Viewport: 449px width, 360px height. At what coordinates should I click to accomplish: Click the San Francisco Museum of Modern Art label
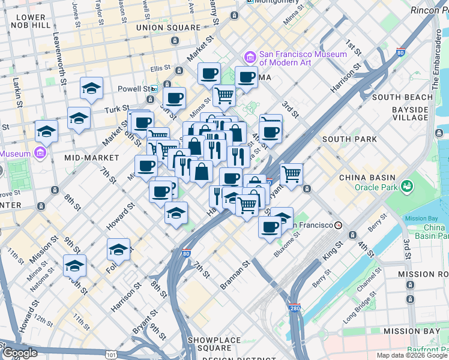tap(303, 58)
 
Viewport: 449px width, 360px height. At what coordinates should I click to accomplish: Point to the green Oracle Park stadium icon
tap(408, 187)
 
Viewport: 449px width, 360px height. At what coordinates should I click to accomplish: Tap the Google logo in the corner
tap(19, 353)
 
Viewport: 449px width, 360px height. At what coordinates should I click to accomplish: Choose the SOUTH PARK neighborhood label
tap(349, 139)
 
